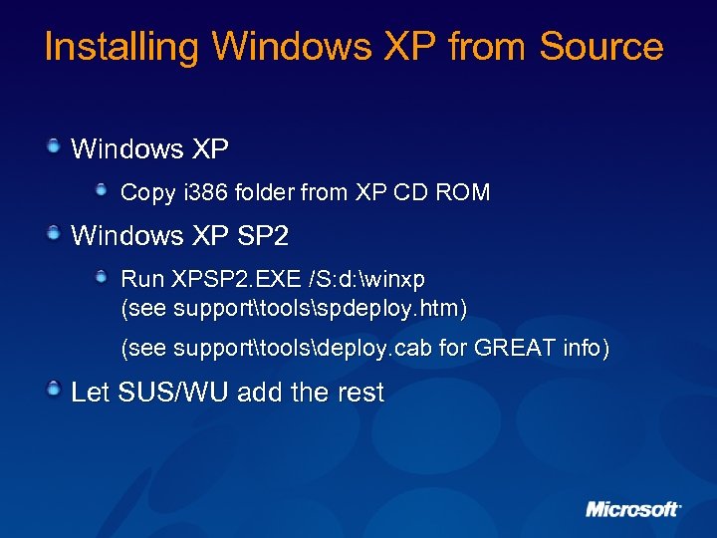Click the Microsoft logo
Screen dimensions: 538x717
[633, 509]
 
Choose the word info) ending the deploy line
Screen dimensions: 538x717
[583, 349]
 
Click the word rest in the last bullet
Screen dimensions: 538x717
[360, 393]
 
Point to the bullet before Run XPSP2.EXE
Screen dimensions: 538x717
[102, 272]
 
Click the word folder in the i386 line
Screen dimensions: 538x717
[258, 192]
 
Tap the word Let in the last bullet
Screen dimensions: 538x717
[90, 393]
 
